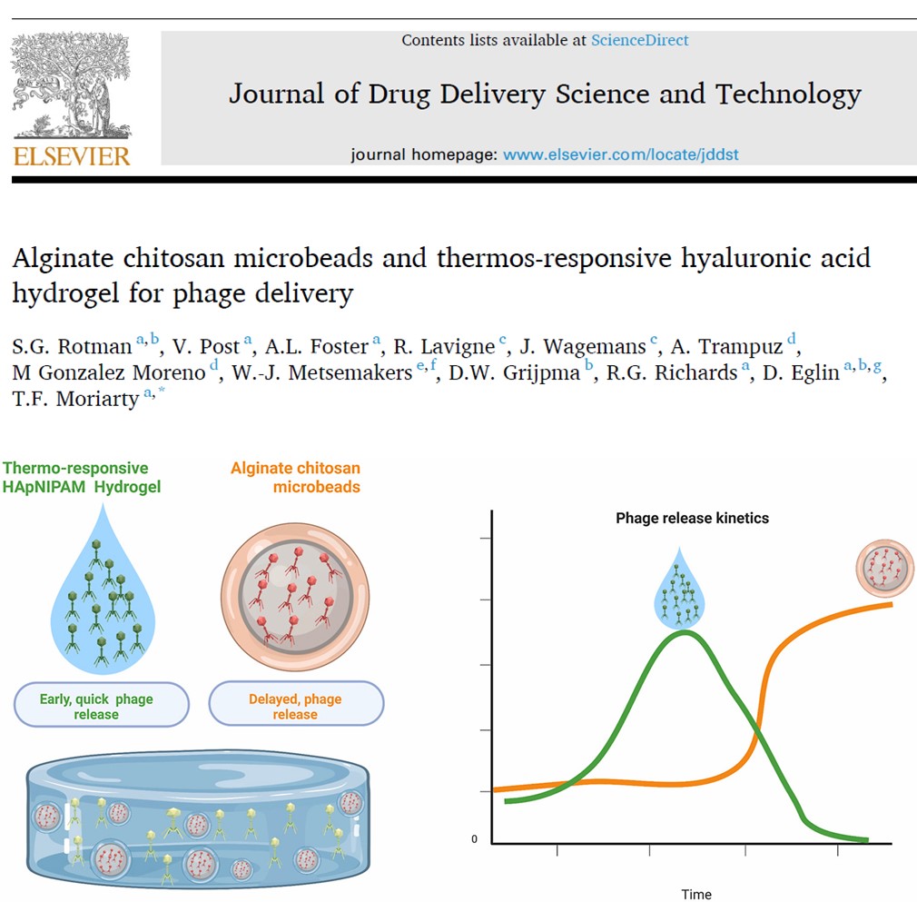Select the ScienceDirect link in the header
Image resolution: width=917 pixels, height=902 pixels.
639,40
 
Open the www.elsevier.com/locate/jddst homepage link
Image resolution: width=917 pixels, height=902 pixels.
620,154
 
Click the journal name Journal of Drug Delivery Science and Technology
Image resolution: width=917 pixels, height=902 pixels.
544,94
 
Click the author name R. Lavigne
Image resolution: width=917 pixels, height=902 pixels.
443,347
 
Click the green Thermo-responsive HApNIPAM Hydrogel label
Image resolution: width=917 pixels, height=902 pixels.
81,478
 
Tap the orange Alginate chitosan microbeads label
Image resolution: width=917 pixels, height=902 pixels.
296,478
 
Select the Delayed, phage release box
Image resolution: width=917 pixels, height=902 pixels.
295,706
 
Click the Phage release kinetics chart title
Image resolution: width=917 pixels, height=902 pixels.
692,519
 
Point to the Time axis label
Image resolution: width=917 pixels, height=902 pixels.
696,894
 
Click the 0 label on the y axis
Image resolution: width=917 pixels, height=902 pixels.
474,839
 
